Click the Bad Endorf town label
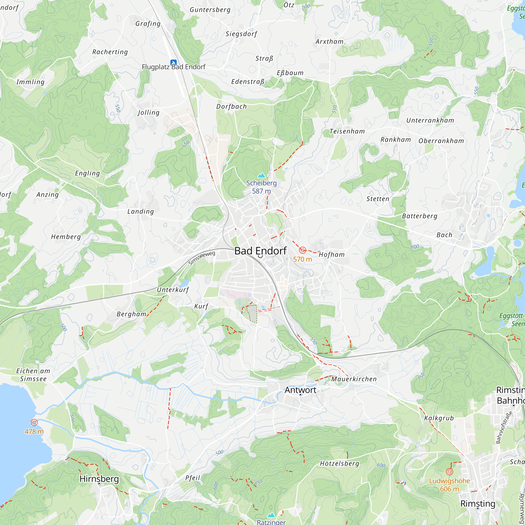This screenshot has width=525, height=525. pos(260,251)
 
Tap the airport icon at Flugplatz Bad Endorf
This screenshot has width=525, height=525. pos(173,63)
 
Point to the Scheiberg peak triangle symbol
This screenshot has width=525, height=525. pos(261,175)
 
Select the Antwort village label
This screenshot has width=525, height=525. pos(300,390)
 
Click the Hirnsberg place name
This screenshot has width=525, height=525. pos(99,479)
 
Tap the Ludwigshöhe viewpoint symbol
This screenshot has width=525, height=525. pos(449,472)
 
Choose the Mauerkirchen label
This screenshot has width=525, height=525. pos(354,379)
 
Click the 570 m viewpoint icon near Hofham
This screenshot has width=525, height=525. pos(302,250)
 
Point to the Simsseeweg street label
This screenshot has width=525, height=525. pos(202,258)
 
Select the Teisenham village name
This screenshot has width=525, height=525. pos(347,132)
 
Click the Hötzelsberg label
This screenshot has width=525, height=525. pos(339,464)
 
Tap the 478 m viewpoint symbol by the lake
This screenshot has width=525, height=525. pos(34,422)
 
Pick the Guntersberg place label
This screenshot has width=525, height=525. pos(210,10)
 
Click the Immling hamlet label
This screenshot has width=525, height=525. pos(30,82)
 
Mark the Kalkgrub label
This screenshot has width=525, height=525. pos(439,418)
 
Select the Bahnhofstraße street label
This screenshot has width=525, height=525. pos(504,427)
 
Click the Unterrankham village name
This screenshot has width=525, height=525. pos(430,120)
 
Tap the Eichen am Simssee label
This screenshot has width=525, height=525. pos(33,375)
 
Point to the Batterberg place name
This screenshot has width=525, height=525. pos(419,216)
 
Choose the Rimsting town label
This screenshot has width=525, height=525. pos(478,503)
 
